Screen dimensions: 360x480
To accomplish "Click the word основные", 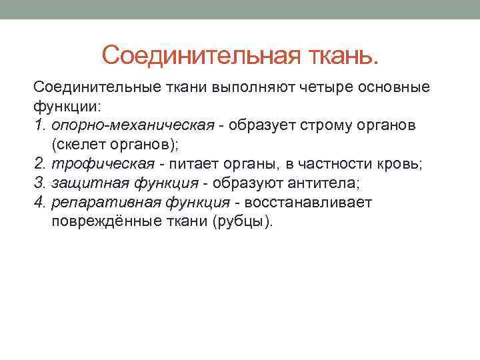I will tap(389, 87).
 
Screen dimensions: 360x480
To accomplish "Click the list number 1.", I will tap(39, 125).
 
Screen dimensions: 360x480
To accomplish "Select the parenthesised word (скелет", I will tap(75, 144).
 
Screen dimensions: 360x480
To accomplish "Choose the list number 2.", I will tap(39, 163).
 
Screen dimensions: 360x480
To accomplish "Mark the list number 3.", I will tap(39, 183).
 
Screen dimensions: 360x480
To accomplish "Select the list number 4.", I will tap(39, 202).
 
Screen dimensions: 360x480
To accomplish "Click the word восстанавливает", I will tap(305, 202).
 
